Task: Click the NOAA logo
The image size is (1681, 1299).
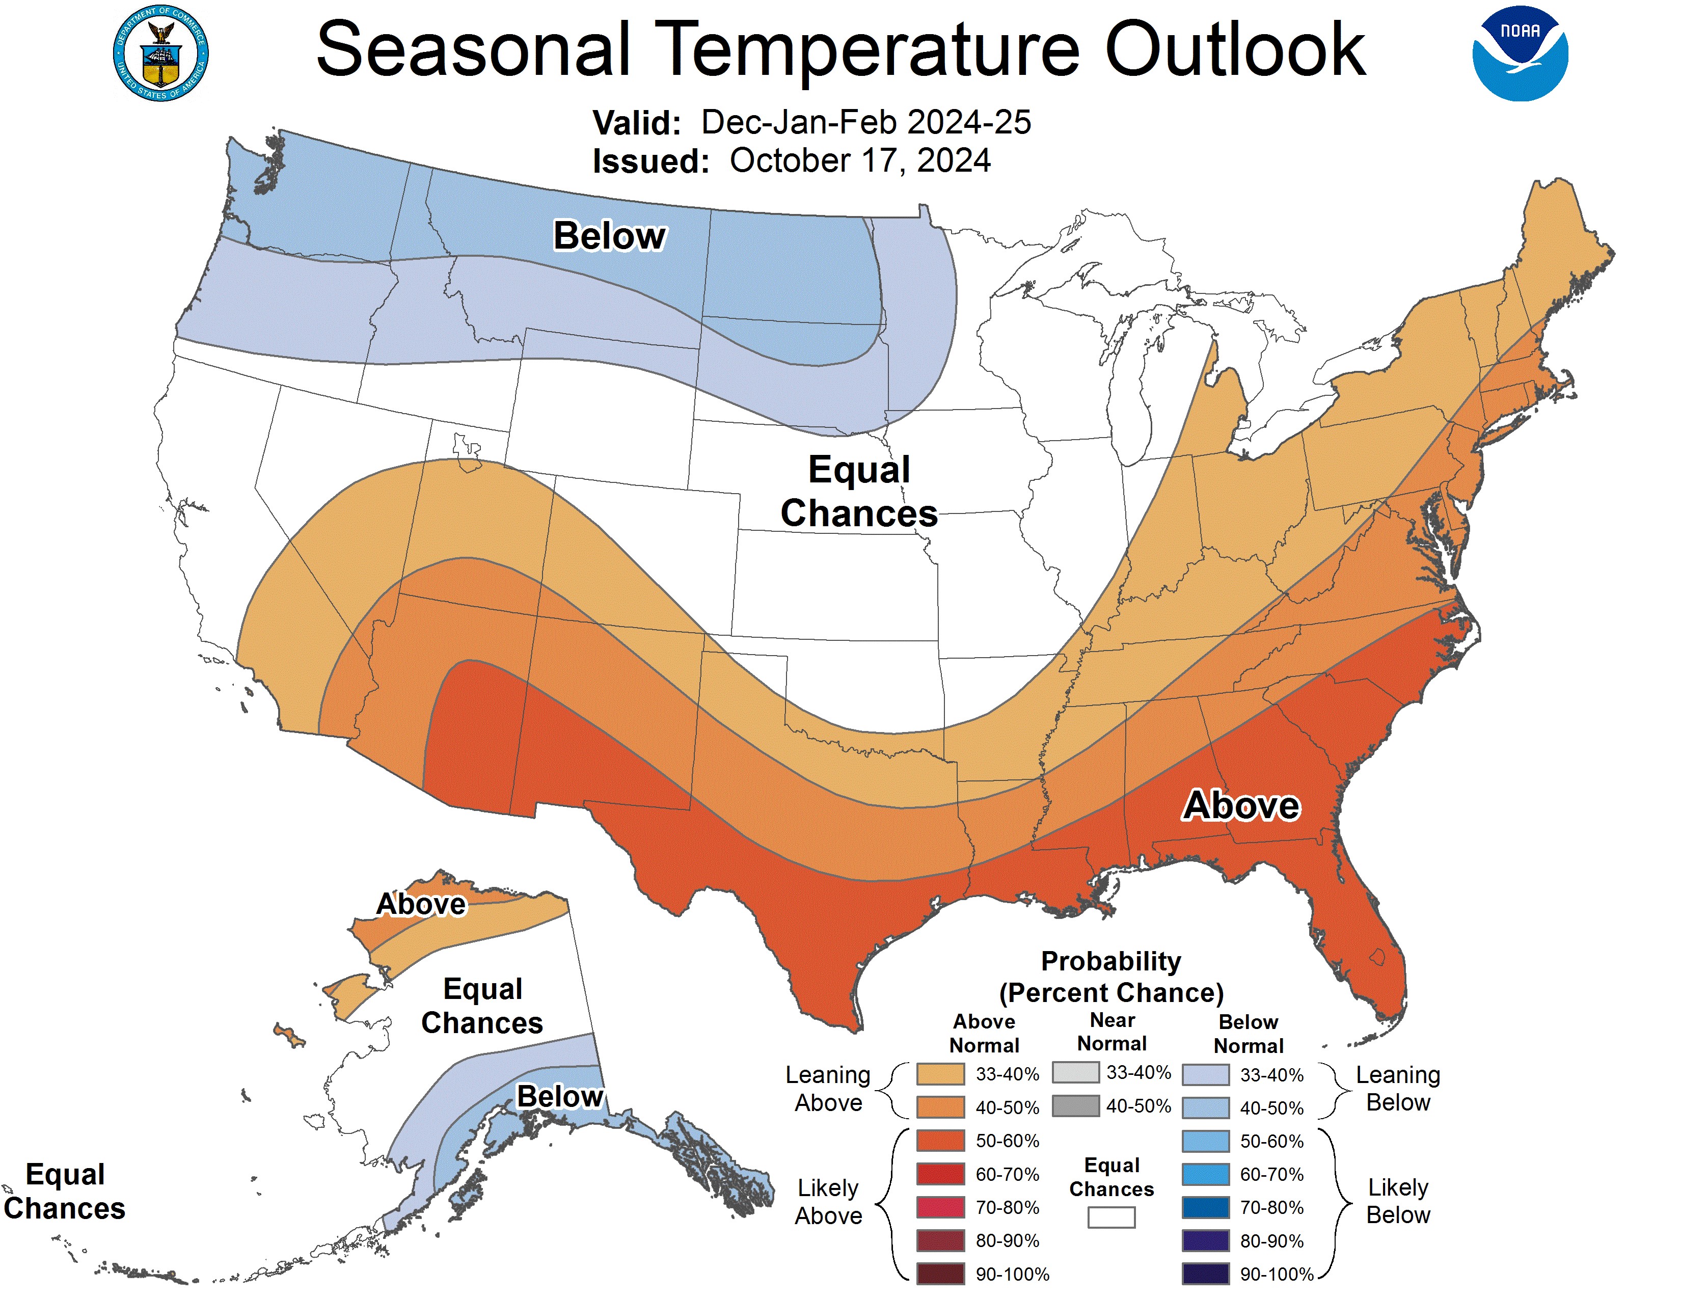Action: [x=1520, y=54]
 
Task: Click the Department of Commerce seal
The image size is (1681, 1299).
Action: [x=160, y=54]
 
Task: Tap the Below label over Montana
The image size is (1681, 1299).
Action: [x=610, y=235]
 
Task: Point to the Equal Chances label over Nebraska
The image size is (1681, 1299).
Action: [x=859, y=491]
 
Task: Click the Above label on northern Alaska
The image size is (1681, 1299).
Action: [x=421, y=904]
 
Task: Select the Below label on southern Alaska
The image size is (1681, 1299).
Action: [x=559, y=1096]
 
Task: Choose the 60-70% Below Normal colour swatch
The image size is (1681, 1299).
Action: [x=1205, y=1174]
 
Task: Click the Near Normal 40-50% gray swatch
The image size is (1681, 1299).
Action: [x=1075, y=1106]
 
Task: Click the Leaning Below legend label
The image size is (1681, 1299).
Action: [x=1397, y=1088]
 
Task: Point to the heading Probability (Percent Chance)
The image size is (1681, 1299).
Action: [x=1110, y=977]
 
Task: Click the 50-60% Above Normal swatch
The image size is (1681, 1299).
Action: [x=940, y=1141]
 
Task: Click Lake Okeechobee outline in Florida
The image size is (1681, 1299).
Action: [x=1377, y=957]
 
